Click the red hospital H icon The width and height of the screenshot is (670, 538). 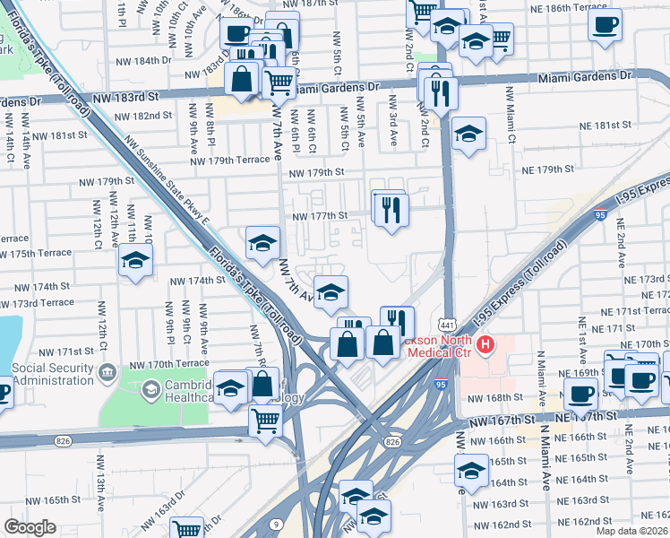point(485,343)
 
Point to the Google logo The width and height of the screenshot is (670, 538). point(30,527)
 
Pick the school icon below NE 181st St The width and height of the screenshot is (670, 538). point(468,134)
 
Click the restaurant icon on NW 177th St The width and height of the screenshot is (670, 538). point(391,210)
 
